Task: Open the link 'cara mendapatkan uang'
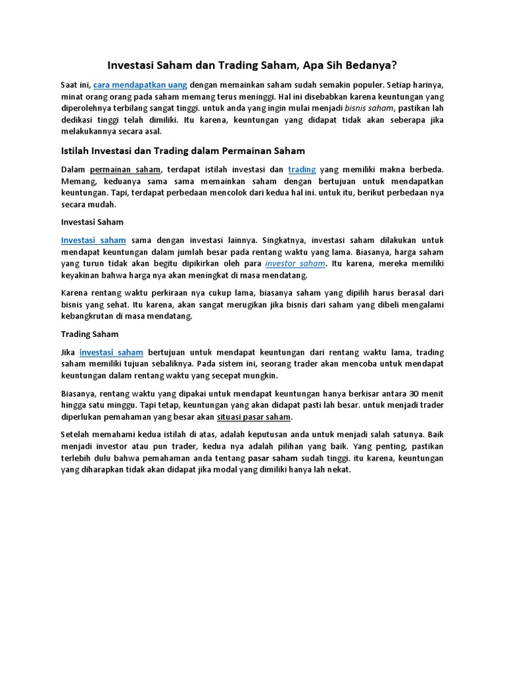(x=140, y=85)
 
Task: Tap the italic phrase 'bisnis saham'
(x=369, y=107)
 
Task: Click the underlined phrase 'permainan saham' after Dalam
(x=124, y=169)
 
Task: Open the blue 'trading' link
(x=302, y=169)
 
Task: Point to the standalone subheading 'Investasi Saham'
(x=92, y=222)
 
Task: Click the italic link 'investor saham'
(x=295, y=263)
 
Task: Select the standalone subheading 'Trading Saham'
(x=89, y=334)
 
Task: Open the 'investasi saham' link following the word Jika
(x=111, y=353)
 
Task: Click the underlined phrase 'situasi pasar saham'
(x=254, y=417)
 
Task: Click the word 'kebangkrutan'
(x=87, y=316)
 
